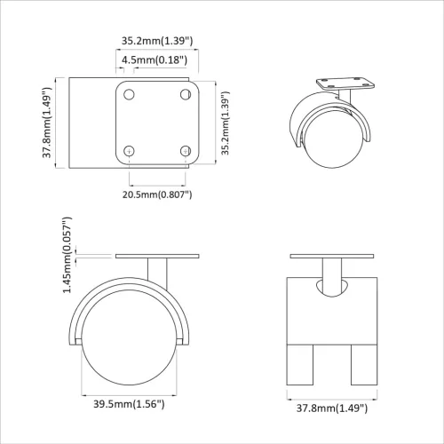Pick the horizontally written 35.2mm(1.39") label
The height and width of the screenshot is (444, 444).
(156, 40)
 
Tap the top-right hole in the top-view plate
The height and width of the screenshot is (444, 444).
(185, 94)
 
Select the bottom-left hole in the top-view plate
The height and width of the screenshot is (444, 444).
(130, 151)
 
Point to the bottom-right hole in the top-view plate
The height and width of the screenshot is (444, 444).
(185, 151)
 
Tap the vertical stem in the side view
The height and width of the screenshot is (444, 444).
(156, 272)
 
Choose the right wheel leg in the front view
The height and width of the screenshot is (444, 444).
(364, 367)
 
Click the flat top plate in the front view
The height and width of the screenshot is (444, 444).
(335, 258)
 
